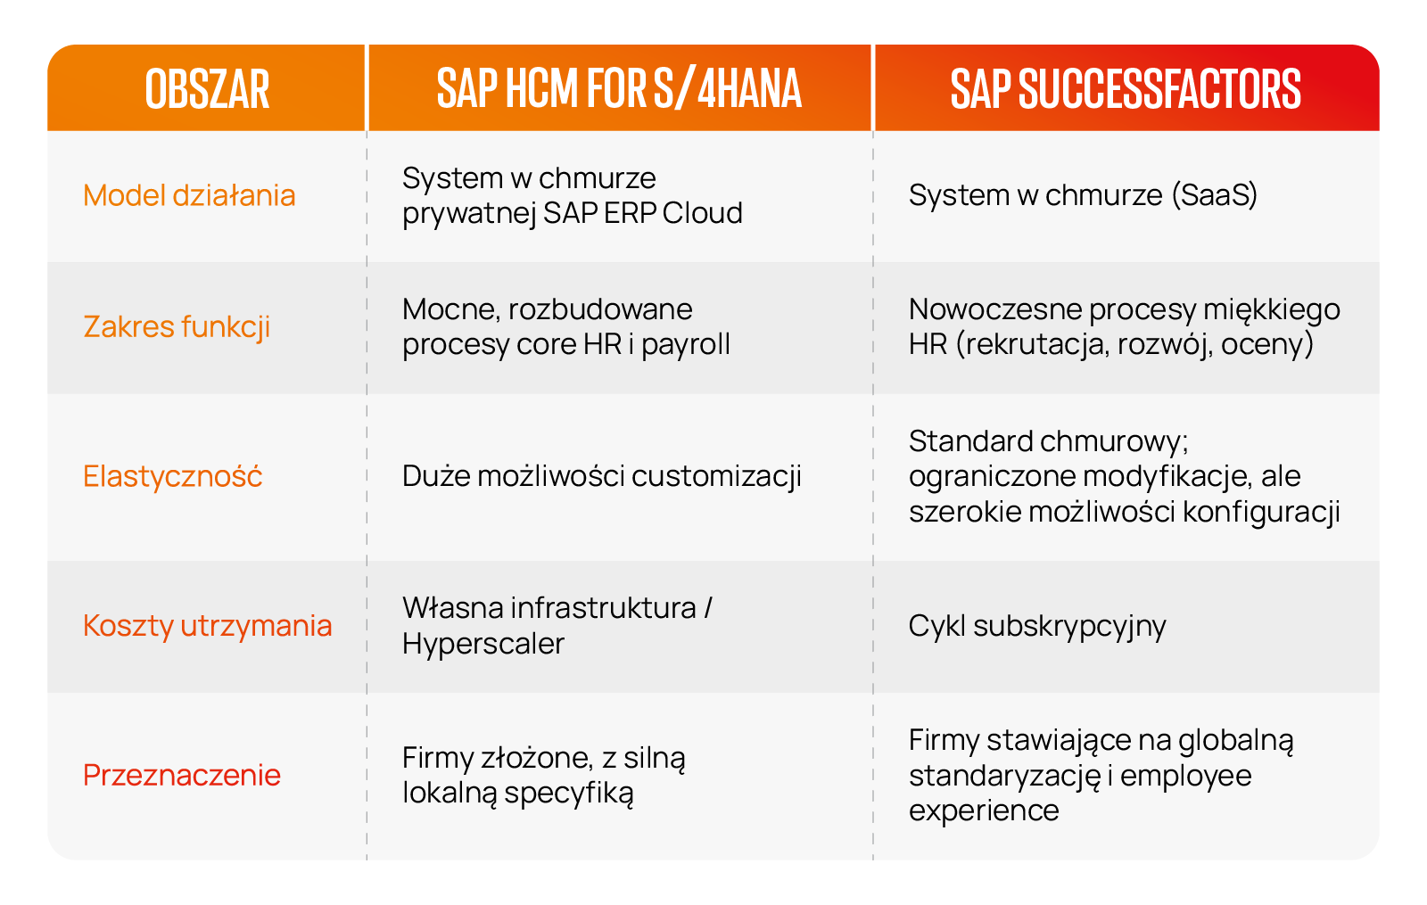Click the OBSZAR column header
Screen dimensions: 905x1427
point(207,89)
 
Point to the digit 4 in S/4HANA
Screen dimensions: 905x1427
point(706,89)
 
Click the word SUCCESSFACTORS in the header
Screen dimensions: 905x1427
point(1159,89)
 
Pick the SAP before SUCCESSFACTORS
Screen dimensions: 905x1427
point(980,89)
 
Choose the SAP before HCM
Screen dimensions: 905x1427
point(466,89)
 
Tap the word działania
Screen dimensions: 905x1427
point(234,195)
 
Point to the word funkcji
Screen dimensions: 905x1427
point(226,327)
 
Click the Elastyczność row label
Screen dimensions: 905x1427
point(173,477)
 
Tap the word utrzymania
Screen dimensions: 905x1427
point(256,626)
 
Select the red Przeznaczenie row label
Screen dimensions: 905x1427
point(182,776)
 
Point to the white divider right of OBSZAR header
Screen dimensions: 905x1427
point(367,87)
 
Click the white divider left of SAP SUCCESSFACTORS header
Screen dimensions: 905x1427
point(873,87)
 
